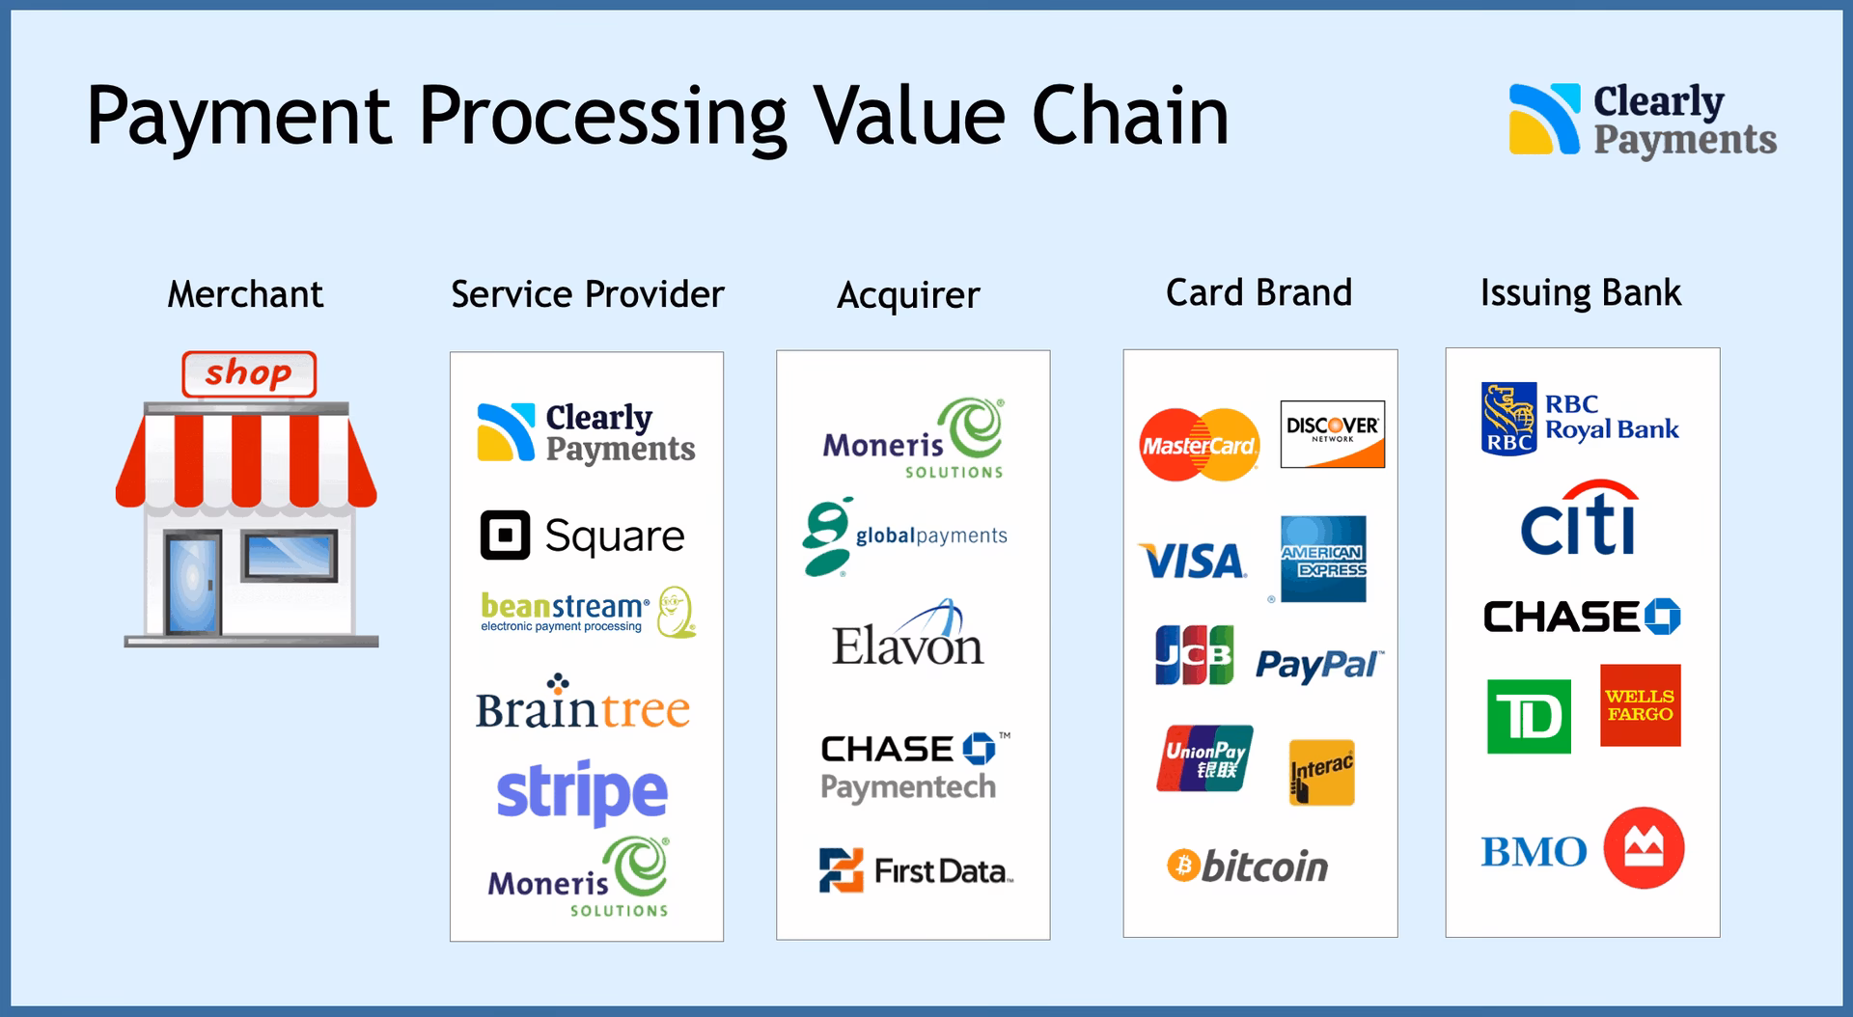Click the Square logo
[x=583, y=536]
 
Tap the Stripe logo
[x=582, y=792]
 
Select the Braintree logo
[x=583, y=706]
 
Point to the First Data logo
[x=915, y=870]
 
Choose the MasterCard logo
[x=1199, y=445]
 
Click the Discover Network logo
[x=1332, y=434]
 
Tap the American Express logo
[x=1323, y=560]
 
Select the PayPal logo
[x=1318, y=665]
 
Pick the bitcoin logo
[x=1248, y=866]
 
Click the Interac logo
[x=1322, y=773]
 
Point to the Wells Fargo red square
[x=1640, y=705]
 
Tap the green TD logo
[x=1529, y=717]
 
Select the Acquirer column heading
[x=908, y=295]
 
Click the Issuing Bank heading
[x=1580, y=293]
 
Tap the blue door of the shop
[x=193, y=585]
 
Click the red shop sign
[x=249, y=373]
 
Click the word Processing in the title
[x=602, y=118]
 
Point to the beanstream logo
[x=587, y=612]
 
